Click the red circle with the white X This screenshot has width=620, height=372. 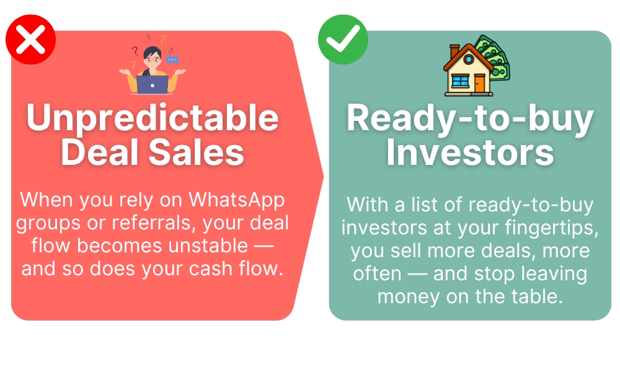(x=30, y=40)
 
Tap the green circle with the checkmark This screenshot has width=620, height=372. (x=343, y=40)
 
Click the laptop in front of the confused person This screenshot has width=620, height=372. (x=153, y=84)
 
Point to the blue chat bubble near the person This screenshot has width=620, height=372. (x=172, y=60)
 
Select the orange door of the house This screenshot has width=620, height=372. (x=479, y=84)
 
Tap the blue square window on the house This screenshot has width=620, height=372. (x=460, y=81)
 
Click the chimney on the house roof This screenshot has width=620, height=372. (x=454, y=51)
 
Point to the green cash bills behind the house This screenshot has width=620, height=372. (x=494, y=57)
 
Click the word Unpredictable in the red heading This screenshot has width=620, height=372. (x=153, y=117)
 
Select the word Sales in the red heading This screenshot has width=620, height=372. (x=196, y=153)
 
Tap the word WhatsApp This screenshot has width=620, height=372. (x=236, y=200)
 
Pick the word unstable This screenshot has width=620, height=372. (x=208, y=246)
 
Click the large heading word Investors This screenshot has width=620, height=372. (x=470, y=153)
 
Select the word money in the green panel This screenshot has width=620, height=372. (x=409, y=297)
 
